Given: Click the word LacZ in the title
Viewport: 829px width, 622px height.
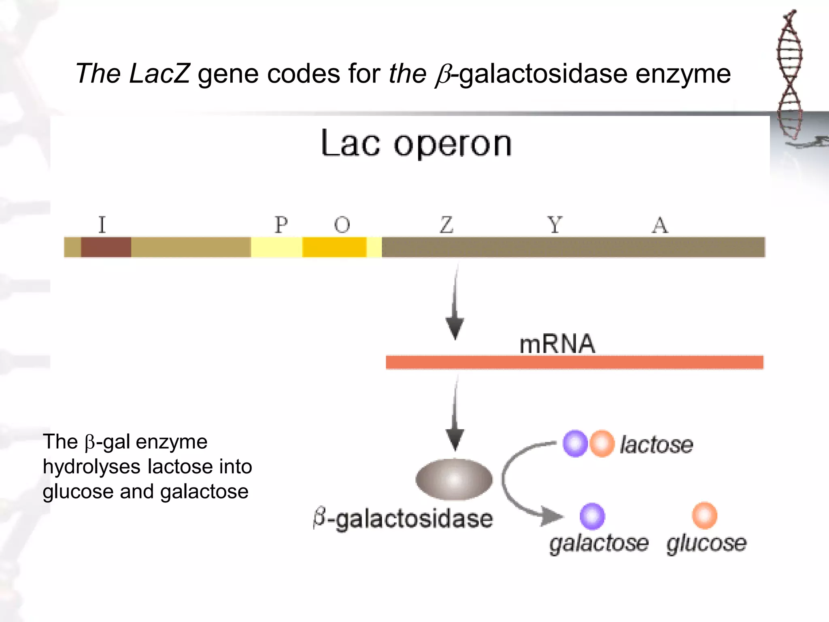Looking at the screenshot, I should point(159,74).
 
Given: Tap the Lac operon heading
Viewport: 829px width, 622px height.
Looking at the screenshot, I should point(416,143).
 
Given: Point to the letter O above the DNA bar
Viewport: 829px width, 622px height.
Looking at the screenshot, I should point(342,225).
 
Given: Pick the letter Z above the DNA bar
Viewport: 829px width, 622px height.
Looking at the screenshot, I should point(447,225).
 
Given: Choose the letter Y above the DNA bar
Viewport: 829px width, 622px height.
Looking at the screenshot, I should point(555,225).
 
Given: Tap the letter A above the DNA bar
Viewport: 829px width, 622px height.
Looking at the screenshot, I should point(660,225).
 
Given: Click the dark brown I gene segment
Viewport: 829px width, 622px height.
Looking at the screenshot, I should point(106,247).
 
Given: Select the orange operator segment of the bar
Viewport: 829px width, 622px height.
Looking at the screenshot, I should point(334,247).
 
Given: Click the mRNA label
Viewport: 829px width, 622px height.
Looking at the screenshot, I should point(557,344).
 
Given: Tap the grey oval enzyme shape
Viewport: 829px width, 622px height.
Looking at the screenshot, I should point(454,479).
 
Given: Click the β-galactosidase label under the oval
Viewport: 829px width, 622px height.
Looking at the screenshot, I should point(403,519).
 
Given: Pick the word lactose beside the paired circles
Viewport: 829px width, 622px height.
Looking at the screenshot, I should point(656,445).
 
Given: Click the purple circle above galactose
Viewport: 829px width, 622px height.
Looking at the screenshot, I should point(592,516).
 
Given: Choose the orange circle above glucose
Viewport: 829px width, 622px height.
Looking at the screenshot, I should point(704,515).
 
